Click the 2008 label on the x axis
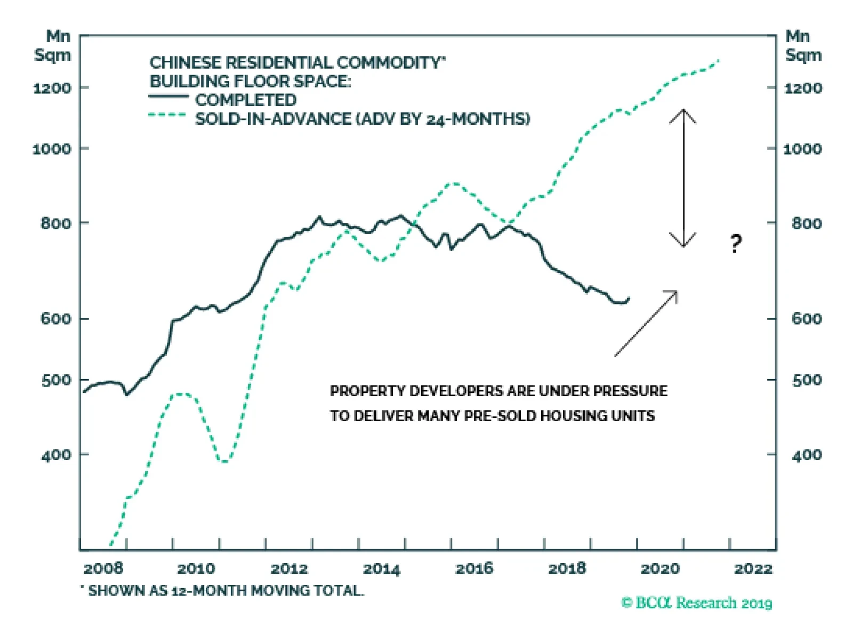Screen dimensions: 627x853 pos(103,568)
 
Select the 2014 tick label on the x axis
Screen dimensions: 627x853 pos(381,568)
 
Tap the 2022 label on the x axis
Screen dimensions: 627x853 pos(753,568)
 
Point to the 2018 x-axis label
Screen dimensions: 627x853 pos(567,568)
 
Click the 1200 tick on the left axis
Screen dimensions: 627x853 pos(52,88)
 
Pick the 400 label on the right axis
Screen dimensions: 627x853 pos(807,455)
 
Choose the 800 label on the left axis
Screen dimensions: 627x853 pos(56,223)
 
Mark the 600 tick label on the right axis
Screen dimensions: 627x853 pos(807,318)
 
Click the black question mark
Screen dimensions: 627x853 pos(736,244)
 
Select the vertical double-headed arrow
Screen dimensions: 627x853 pos(683,178)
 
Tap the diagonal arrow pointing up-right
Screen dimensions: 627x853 pos(646,324)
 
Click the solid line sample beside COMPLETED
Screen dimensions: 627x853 pos(168,97)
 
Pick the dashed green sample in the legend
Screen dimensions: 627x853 pos(167,115)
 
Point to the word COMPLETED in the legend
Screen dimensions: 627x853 pos(246,100)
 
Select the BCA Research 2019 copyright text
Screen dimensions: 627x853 pos(697,603)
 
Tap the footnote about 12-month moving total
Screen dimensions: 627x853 pos(223,591)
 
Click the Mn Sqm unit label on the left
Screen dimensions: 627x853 pos(53,46)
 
